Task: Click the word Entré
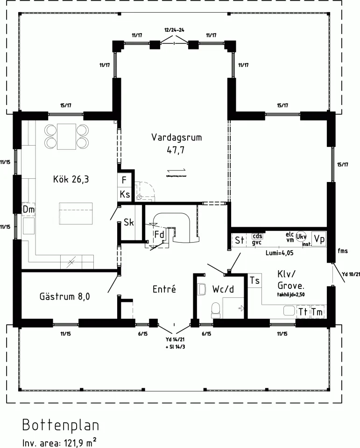tap(164, 289)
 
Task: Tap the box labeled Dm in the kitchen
tap(28, 210)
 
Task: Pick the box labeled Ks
tap(124, 194)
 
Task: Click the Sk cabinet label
tap(128, 223)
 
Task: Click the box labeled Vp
tap(319, 238)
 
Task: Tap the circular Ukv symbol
tap(301, 237)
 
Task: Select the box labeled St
tap(240, 240)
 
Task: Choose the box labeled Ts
tap(254, 280)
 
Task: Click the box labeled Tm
tap(317, 311)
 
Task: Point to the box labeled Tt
tap(303, 311)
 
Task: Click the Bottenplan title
tap(61, 426)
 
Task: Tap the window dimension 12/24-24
tap(174, 30)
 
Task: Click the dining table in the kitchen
tap(66, 136)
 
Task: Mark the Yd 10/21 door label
tap(351, 274)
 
